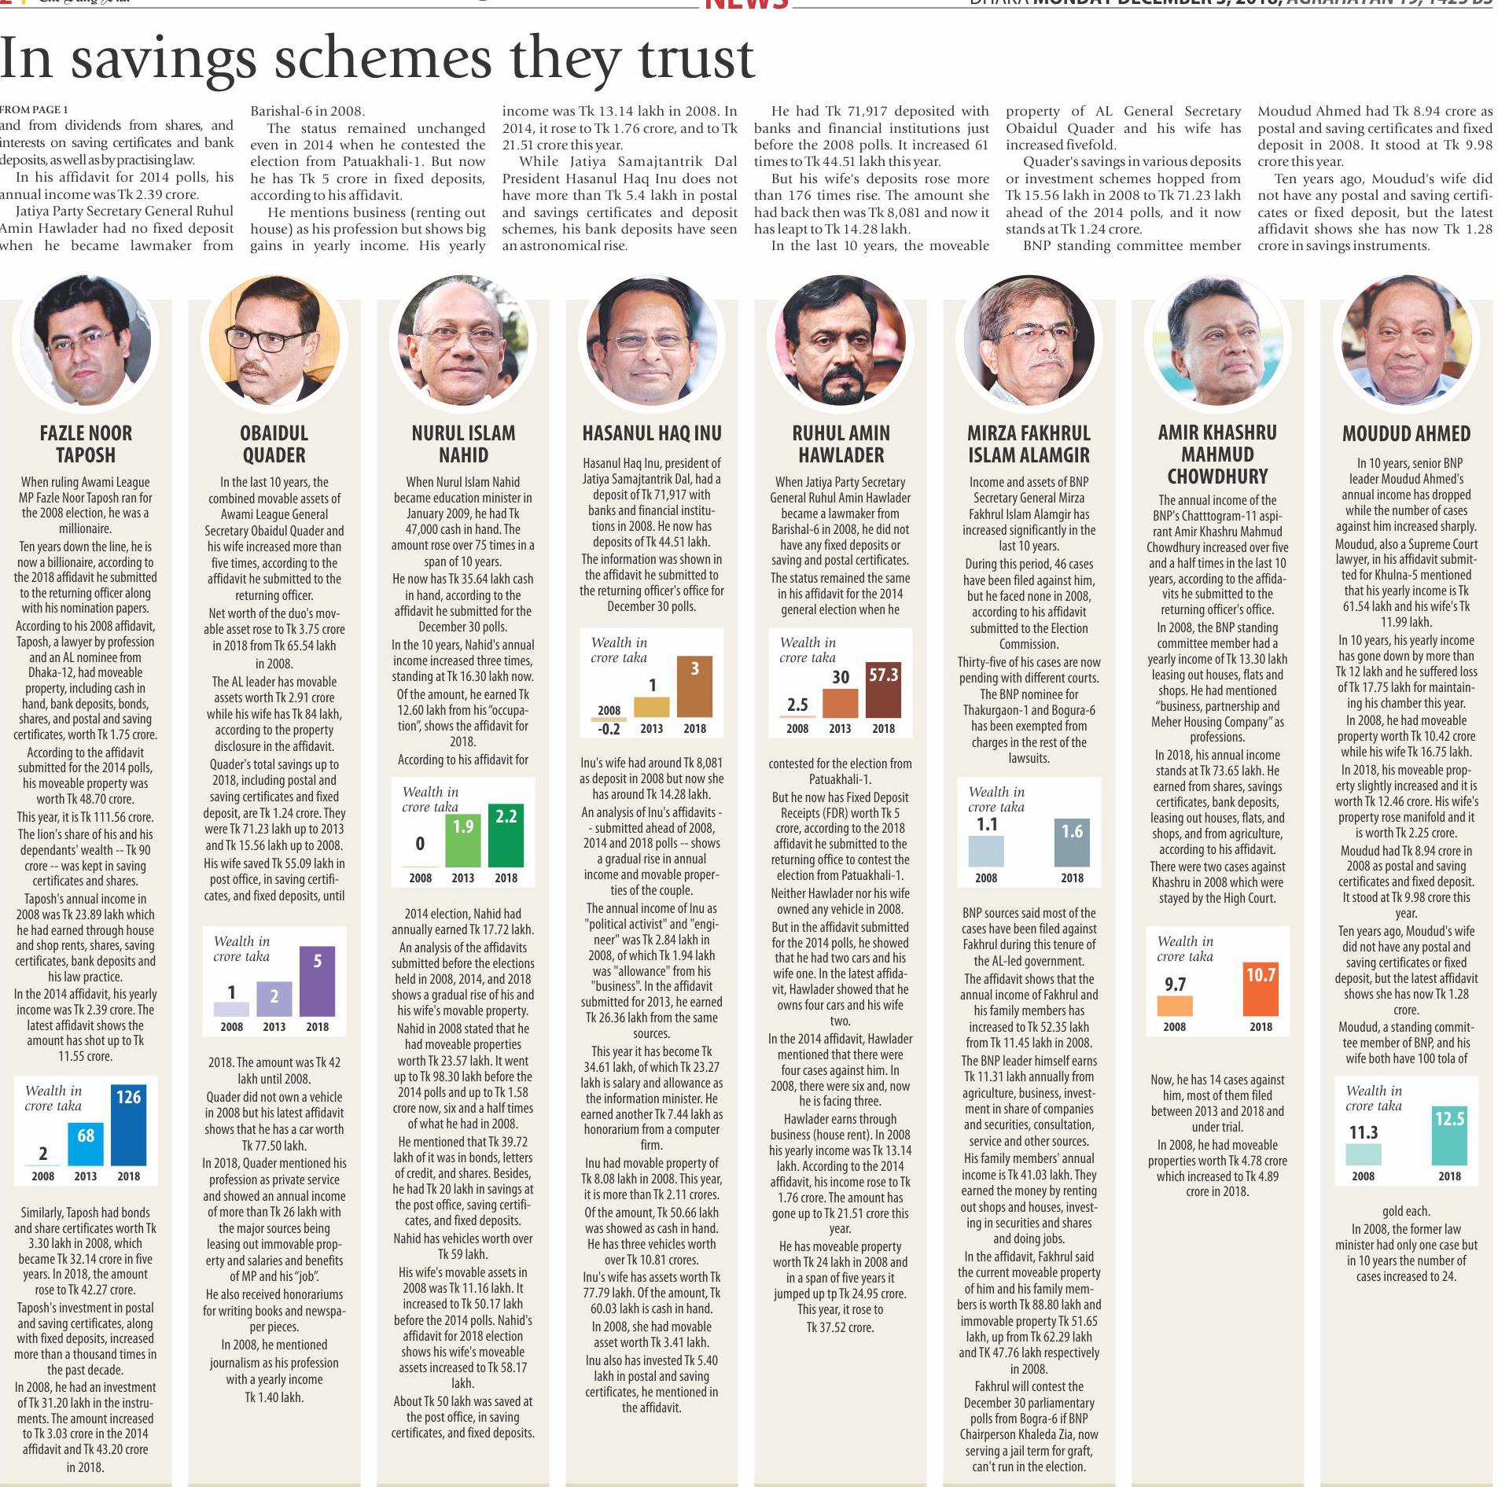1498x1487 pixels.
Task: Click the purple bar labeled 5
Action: (317, 981)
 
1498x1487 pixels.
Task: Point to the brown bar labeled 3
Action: (694, 686)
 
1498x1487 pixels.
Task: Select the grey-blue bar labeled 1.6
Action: (1072, 842)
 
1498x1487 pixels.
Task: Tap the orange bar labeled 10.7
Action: (1261, 988)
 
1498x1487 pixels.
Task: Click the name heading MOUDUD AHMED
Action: (1406, 433)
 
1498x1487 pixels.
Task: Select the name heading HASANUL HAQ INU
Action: (651, 433)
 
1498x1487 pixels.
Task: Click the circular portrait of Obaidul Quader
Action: (274, 340)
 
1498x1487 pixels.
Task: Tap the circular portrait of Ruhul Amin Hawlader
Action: (840, 340)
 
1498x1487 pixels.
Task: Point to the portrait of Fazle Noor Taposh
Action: (86, 340)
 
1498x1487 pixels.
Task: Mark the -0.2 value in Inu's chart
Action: (609, 729)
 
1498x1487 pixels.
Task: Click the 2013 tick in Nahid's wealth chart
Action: (462, 878)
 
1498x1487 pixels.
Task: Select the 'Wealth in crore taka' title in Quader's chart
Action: (241, 948)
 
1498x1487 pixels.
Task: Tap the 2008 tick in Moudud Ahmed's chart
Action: (1363, 1176)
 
